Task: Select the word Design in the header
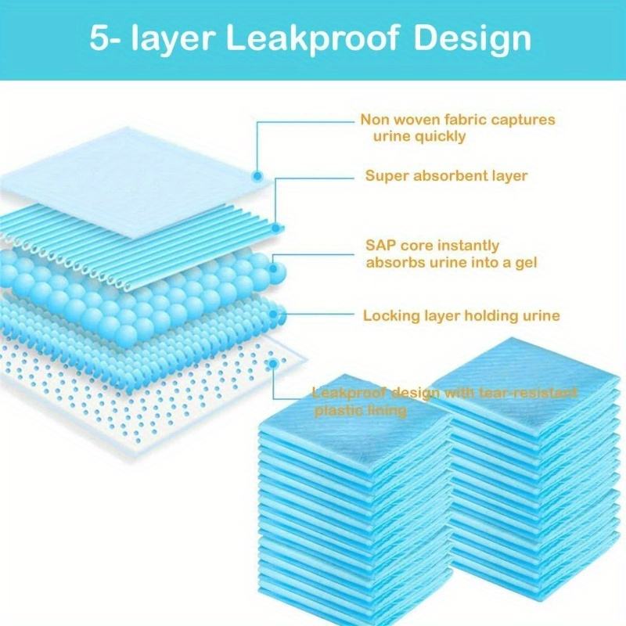pyautogui.click(x=473, y=38)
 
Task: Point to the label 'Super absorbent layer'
pyautogui.click(x=446, y=176)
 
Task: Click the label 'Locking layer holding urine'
pyautogui.click(x=462, y=316)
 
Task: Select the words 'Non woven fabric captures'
pyautogui.click(x=457, y=120)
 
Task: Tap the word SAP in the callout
pyautogui.click(x=381, y=246)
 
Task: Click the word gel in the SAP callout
pyautogui.click(x=525, y=263)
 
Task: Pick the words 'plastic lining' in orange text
pyautogui.click(x=360, y=410)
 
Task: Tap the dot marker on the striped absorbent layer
pyautogui.click(x=278, y=227)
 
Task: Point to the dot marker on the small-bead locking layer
pyautogui.click(x=275, y=315)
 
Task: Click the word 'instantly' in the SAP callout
pyautogui.click(x=469, y=246)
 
